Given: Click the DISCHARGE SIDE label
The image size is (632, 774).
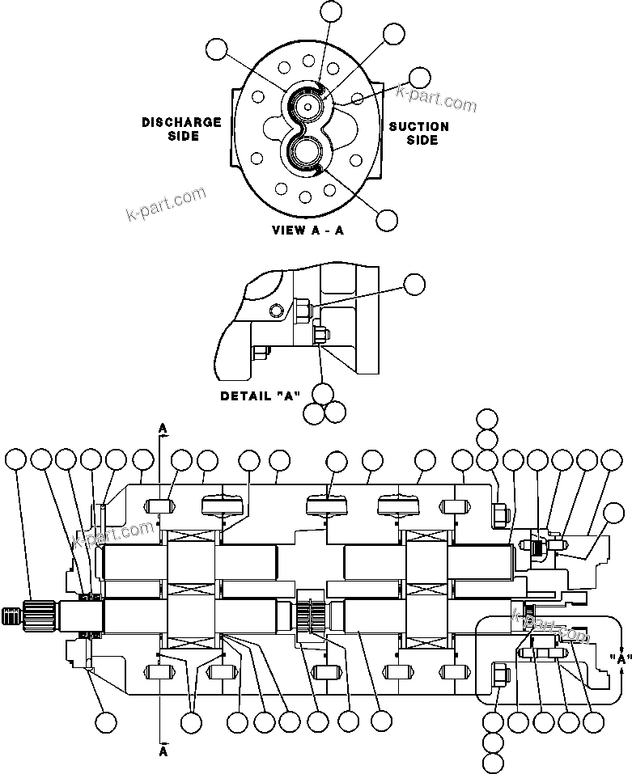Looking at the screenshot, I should click(182, 129).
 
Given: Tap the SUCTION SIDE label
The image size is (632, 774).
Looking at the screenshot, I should click(419, 133).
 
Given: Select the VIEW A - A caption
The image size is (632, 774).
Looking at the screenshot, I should click(308, 230).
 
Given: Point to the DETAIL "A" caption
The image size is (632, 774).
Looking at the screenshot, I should click(261, 396).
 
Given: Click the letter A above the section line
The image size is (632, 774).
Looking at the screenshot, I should click(163, 426).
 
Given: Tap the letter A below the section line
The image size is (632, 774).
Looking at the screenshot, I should click(163, 750).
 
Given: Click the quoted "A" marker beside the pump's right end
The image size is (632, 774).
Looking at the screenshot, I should click(621, 658).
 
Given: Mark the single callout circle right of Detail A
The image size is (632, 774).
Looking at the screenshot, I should click(414, 283).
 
